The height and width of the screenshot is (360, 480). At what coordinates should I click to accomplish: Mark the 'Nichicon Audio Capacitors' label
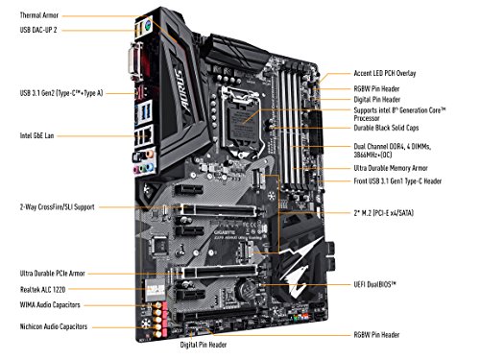click(x=49, y=327)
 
